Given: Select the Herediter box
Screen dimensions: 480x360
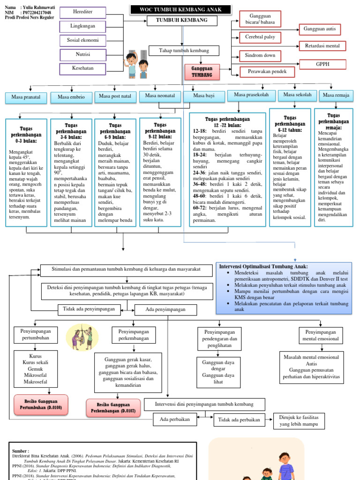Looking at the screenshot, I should tap(82, 11).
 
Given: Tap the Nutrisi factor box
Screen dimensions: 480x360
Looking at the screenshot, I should tap(82, 54).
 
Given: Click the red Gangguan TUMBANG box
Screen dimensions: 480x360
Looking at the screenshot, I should tap(202, 72).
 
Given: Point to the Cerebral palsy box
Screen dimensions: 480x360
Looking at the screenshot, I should tap(260, 37).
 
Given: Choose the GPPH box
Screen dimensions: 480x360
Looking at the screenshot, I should tap(322, 64).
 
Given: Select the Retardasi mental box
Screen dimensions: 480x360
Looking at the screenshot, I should tap(322, 46).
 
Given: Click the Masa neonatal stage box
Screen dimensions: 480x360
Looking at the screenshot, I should tap(160, 96).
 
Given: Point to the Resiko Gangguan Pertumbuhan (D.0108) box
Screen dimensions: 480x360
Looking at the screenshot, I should tap(41, 405).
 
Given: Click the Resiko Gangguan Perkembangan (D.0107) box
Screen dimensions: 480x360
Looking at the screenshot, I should tap(113, 408).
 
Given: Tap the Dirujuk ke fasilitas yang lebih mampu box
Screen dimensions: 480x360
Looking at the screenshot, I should tap(299, 420).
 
